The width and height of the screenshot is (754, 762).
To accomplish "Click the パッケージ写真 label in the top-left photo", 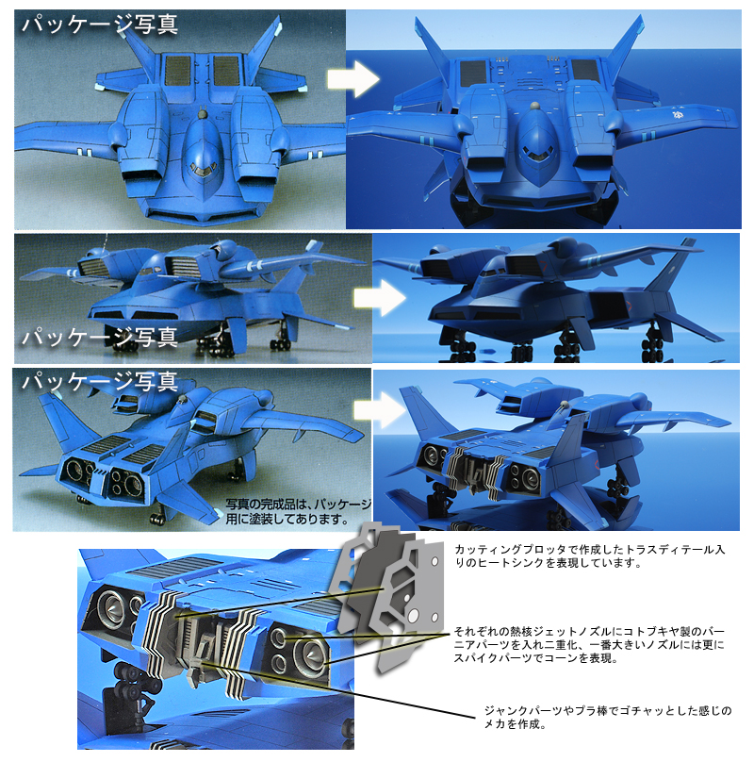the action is pos(100,24).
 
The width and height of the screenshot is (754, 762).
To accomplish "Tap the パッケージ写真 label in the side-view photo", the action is pos(100,337).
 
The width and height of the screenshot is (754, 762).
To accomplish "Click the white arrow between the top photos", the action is pos(353,78).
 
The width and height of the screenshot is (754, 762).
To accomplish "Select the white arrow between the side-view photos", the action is pos(380,298).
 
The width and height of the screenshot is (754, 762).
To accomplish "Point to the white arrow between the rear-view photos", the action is pos(380,410).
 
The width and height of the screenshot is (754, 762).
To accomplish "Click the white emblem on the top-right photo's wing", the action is pos(678,116).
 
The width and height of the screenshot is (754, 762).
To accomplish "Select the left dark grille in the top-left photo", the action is pos(178,71).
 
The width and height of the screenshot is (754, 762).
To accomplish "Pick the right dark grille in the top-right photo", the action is pos(586,72).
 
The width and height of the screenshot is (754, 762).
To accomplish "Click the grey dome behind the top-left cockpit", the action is pos(203,115).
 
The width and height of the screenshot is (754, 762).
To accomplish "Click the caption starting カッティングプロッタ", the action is pos(590,556).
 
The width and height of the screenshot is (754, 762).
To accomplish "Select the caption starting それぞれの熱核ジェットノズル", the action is pos(589,645).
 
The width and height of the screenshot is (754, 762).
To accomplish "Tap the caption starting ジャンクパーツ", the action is pos(608,718).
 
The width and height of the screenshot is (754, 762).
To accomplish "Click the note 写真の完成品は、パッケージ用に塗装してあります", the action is pos(298,512).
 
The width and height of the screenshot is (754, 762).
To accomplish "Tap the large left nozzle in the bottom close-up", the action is pos(112,606).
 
